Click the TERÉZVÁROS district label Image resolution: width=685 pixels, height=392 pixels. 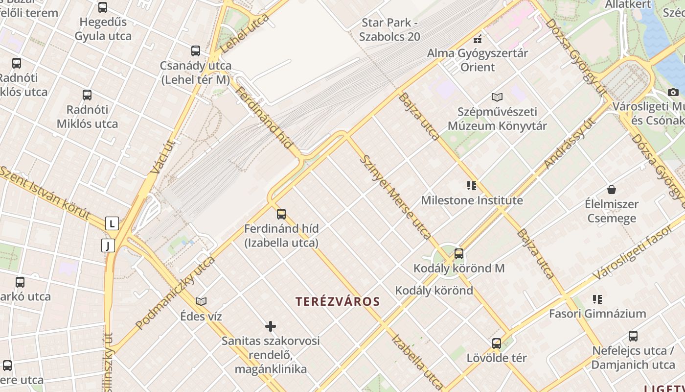[338, 301]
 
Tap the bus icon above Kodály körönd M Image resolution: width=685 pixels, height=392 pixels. [458, 254]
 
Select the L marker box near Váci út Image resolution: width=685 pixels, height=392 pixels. [112, 224]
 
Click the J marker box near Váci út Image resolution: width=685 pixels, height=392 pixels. [108, 245]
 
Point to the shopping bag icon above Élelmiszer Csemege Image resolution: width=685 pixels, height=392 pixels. [611, 190]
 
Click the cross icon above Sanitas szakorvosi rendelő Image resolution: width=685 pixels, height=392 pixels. [270, 326]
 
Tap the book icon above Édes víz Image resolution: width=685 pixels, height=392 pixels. [201, 301]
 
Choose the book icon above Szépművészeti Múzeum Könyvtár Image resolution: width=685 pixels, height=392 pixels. [497, 97]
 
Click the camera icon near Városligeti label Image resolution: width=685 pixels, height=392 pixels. [673, 92]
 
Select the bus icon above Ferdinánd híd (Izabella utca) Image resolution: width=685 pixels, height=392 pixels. [281, 214]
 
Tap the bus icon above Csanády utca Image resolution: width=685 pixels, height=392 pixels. [195, 50]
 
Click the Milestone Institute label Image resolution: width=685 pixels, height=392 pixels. [472, 200]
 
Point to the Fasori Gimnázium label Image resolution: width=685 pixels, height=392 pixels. [597, 314]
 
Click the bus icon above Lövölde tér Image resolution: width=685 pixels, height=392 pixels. [496, 343]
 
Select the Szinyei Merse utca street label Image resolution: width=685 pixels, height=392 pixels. [395, 197]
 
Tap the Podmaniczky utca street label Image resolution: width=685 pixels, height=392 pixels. [175, 293]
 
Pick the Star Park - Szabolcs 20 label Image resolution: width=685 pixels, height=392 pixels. [389, 29]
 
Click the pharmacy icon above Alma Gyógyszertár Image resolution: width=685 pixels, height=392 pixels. [478, 39]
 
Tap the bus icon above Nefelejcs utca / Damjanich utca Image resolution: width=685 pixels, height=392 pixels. [633, 336]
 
